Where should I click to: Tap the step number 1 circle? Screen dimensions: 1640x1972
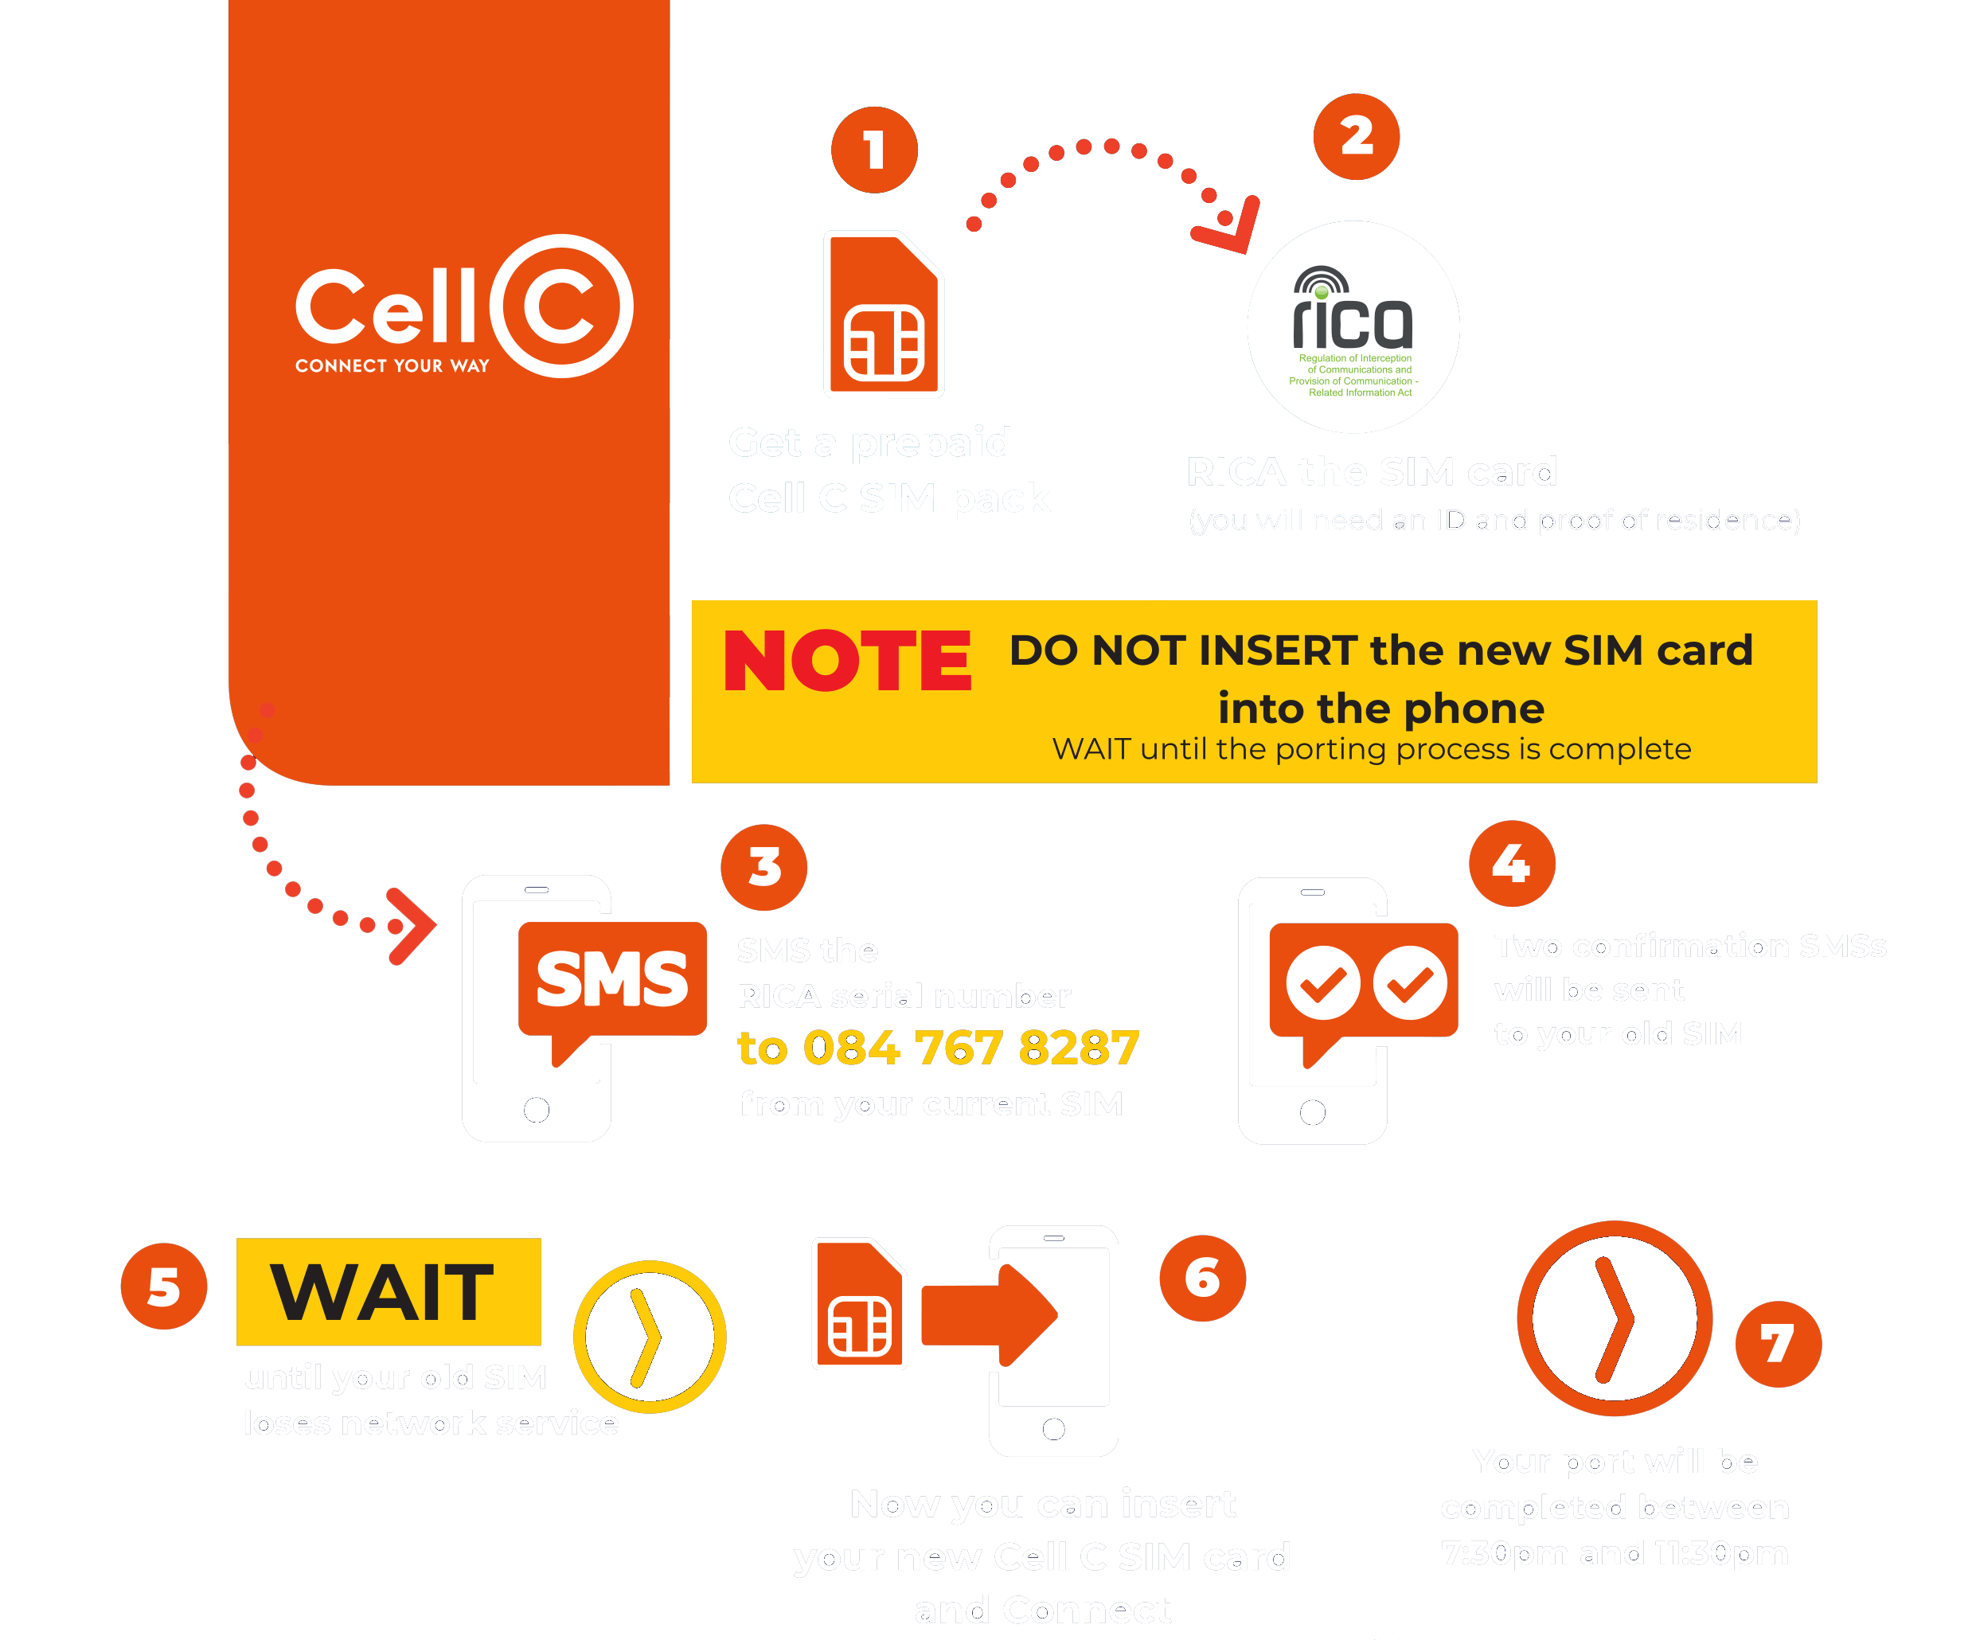pyautogui.click(x=874, y=150)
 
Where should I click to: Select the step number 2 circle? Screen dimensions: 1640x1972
pyautogui.click(x=1356, y=137)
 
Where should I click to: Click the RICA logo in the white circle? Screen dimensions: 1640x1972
pyautogui.click(x=1353, y=327)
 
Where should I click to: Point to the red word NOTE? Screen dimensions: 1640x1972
pyautogui.click(x=847, y=662)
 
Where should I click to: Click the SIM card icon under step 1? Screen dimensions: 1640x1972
pyautogui.click(x=884, y=314)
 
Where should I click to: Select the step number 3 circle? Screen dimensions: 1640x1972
pyautogui.click(x=764, y=867)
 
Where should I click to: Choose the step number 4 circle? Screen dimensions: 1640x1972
pyautogui.click(x=1512, y=863)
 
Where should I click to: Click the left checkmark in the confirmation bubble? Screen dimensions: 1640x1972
pyautogui.click(x=1323, y=983)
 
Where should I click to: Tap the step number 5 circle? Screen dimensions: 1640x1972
pyautogui.click(x=163, y=1287)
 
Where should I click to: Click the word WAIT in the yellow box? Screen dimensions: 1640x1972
pyautogui.click(x=383, y=1292)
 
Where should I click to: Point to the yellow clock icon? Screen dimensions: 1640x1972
pyautogui.click(x=650, y=1337)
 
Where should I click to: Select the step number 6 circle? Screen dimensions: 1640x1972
pyautogui.click(x=1202, y=1279)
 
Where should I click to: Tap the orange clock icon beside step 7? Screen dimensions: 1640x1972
pyautogui.click(x=1615, y=1318)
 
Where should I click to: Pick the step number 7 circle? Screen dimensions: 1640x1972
pyautogui.click(x=1778, y=1344)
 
